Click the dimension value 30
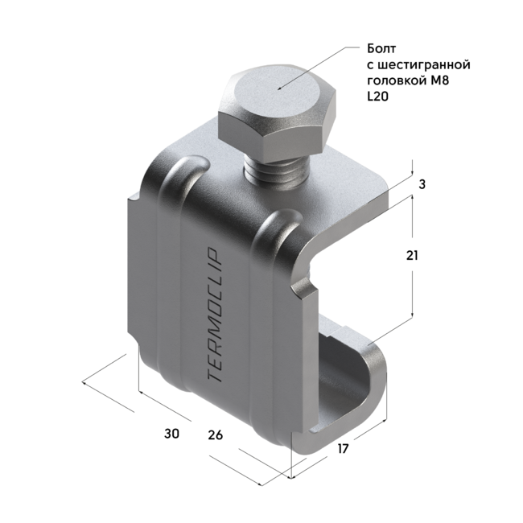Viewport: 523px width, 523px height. (x=171, y=434)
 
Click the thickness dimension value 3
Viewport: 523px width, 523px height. (x=422, y=184)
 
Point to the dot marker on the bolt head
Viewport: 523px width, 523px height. (x=278, y=87)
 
